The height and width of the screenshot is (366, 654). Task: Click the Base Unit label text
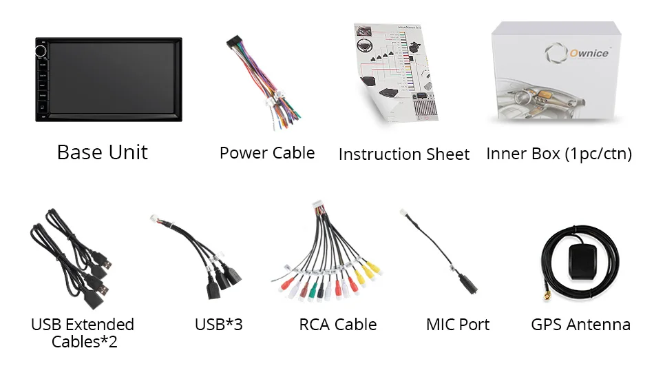click(102, 152)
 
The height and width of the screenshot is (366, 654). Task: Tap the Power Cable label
click(266, 153)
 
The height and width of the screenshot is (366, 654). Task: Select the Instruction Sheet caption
click(403, 154)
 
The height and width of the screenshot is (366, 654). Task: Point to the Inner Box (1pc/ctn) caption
click(558, 153)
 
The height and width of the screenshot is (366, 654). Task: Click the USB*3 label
click(219, 324)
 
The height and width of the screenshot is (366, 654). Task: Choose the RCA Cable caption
click(337, 324)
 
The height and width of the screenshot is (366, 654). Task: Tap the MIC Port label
click(458, 324)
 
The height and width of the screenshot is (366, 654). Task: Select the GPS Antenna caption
click(580, 324)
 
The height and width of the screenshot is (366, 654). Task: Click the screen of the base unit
click(114, 79)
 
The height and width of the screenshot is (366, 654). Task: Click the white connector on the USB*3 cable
click(156, 220)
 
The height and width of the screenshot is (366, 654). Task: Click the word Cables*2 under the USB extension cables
click(84, 341)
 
